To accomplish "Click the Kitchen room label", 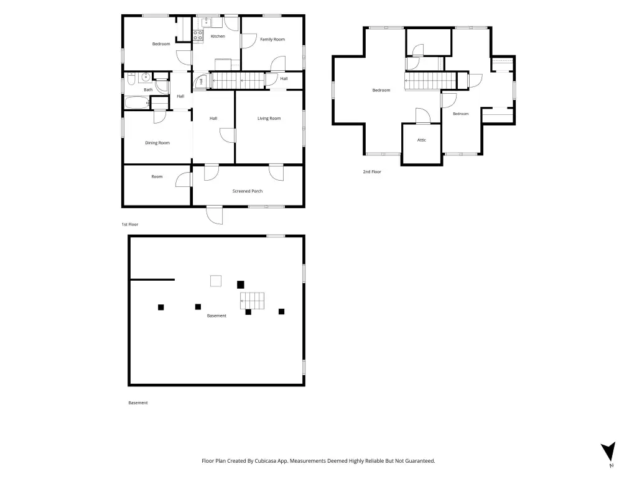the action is pyautogui.click(x=218, y=37).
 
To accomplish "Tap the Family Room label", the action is pyautogui.click(x=272, y=39).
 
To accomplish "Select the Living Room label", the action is pyautogui.click(x=269, y=119).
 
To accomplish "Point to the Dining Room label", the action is pyautogui.click(x=157, y=143).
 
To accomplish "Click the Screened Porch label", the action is pyautogui.click(x=248, y=191).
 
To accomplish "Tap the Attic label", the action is pyautogui.click(x=422, y=140).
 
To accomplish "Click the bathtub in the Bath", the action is pyautogui.click(x=136, y=102).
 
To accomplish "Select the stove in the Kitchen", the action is pyautogui.click(x=198, y=35).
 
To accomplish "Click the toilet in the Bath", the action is pyautogui.click(x=131, y=79).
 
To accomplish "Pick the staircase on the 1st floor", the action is pyautogui.click(x=238, y=81).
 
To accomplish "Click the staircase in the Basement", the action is pyautogui.click(x=253, y=301).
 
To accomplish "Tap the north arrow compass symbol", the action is pyautogui.click(x=608, y=452).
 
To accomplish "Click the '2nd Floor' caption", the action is pyautogui.click(x=372, y=172).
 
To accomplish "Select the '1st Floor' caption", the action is pyautogui.click(x=130, y=224).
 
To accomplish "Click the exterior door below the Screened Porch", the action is pyautogui.click(x=215, y=215).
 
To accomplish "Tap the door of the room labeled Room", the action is pyautogui.click(x=184, y=179).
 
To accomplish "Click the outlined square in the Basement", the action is pyautogui.click(x=216, y=281).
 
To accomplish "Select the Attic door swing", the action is pyautogui.click(x=423, y=116).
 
